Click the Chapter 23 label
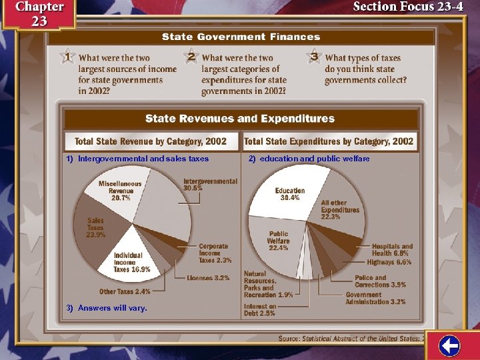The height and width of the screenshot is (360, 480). point(39,13)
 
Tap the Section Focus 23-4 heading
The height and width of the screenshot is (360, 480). point(407,8)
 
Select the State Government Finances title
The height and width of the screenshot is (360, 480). point(242,37)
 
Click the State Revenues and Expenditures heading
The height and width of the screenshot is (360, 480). point(240,119)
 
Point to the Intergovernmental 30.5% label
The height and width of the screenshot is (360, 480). point(210,185)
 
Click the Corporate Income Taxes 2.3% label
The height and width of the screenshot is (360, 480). point(215,253)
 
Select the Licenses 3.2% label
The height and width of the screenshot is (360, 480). point(208,277)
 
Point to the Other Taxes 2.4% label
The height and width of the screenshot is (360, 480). point(125,291)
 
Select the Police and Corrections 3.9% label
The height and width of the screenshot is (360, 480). point(379,281)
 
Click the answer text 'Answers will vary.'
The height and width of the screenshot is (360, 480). point(112,308)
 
